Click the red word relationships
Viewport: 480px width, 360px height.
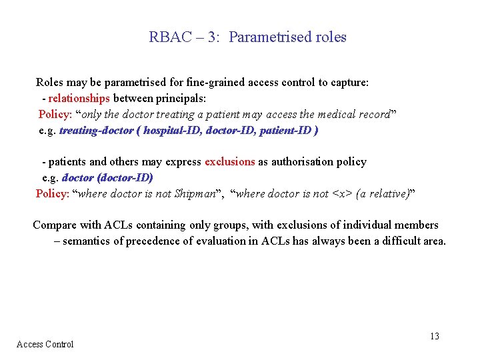[x=79, y=99]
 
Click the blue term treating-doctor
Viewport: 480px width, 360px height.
[x=96, y=131]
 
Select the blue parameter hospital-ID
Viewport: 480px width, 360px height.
[x=172, y=131]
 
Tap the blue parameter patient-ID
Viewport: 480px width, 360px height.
[x=285, y=131]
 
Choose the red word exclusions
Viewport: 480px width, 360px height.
[x=229, y=162]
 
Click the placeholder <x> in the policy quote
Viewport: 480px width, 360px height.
[x=341, y=194]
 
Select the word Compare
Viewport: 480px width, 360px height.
[x=55, y=225]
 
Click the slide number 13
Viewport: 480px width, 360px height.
[x=434, y=337]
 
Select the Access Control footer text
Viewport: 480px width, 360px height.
[x=45, y=344]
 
